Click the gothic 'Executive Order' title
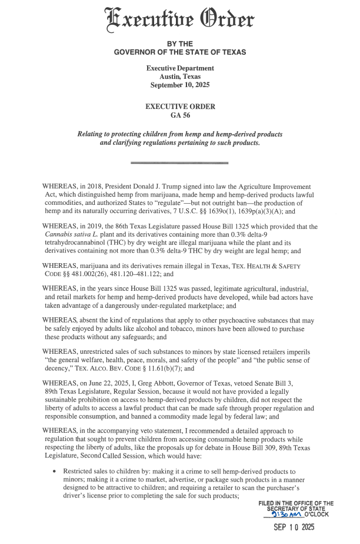[x=180, y=20]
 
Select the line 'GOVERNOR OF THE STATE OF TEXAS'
[x=180, y=53]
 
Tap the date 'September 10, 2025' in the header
[x=180, y=85]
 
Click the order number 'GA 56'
[x=180, y=115]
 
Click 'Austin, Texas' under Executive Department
[x=180, y=77]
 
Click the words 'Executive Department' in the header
[x=180, y=68]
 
